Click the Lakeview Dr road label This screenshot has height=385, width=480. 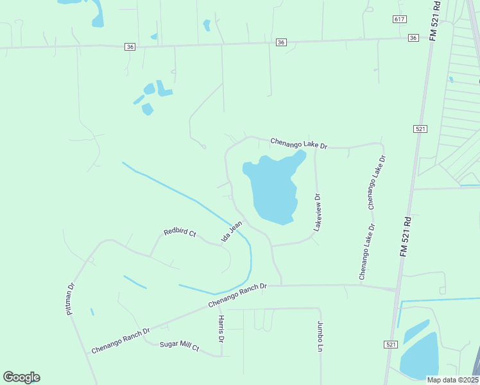(x=317, y=212)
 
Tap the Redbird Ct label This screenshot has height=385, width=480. (x=180, y=232)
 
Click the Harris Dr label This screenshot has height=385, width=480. (x=221, y=329)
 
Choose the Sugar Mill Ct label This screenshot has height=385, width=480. (x=180, y=346)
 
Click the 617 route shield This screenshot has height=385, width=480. (x=400, y=20)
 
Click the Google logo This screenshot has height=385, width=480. (x=21, y=377)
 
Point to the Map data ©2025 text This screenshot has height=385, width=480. (x=452, y=380)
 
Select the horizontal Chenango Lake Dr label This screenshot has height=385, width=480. (x=298, y=143)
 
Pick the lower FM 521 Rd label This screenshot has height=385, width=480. (x=405, y=237)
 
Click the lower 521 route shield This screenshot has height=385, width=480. (x=391, y=345)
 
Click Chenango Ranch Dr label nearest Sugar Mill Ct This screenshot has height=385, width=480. (x=120, y=341)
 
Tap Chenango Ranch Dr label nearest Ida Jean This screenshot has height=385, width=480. (x=237, y=295)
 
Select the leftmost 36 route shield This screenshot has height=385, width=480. (x=130, y=46)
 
